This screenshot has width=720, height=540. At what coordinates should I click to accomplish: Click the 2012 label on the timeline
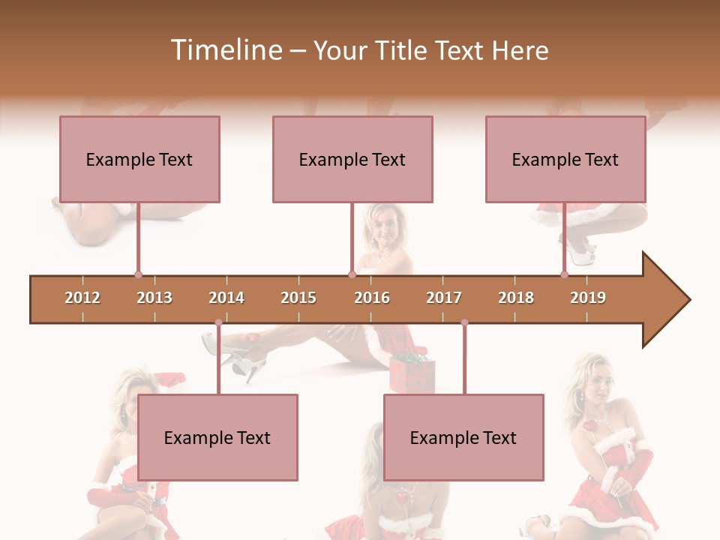pos(82,298)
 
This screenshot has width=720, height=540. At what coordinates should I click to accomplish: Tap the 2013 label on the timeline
pos(154,298)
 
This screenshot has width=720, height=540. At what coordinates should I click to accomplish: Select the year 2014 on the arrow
pos(226,298)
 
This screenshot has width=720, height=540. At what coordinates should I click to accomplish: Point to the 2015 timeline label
pos(298,298)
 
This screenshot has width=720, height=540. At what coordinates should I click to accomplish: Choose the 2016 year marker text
pos(372,298)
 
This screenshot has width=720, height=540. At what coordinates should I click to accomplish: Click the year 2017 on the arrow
pos(444,298)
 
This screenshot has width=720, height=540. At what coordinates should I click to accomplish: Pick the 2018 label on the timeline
pos(516,298)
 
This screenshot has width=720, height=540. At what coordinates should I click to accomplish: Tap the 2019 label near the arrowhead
pos(588,298)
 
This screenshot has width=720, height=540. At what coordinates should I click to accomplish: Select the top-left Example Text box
pos(139,160)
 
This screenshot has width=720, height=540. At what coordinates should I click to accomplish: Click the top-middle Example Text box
pos(352,160)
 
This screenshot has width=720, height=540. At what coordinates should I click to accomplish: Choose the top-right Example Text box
pos(565,160)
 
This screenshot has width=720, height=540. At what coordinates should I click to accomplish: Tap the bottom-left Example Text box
pos(217,438)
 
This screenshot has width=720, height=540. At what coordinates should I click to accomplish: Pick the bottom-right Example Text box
pos(463,438)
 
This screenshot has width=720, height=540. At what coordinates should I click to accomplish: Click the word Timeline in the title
pos(225,50)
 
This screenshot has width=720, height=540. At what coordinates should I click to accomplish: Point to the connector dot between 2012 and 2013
pos(138,275)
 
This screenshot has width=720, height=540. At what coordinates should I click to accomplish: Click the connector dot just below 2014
pos(218,322)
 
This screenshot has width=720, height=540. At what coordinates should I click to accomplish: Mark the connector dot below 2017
pos(464,322)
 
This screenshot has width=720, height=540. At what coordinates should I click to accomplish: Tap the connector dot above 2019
pos(564,275)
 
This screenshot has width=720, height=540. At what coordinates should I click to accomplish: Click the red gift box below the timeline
pos(411,373)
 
